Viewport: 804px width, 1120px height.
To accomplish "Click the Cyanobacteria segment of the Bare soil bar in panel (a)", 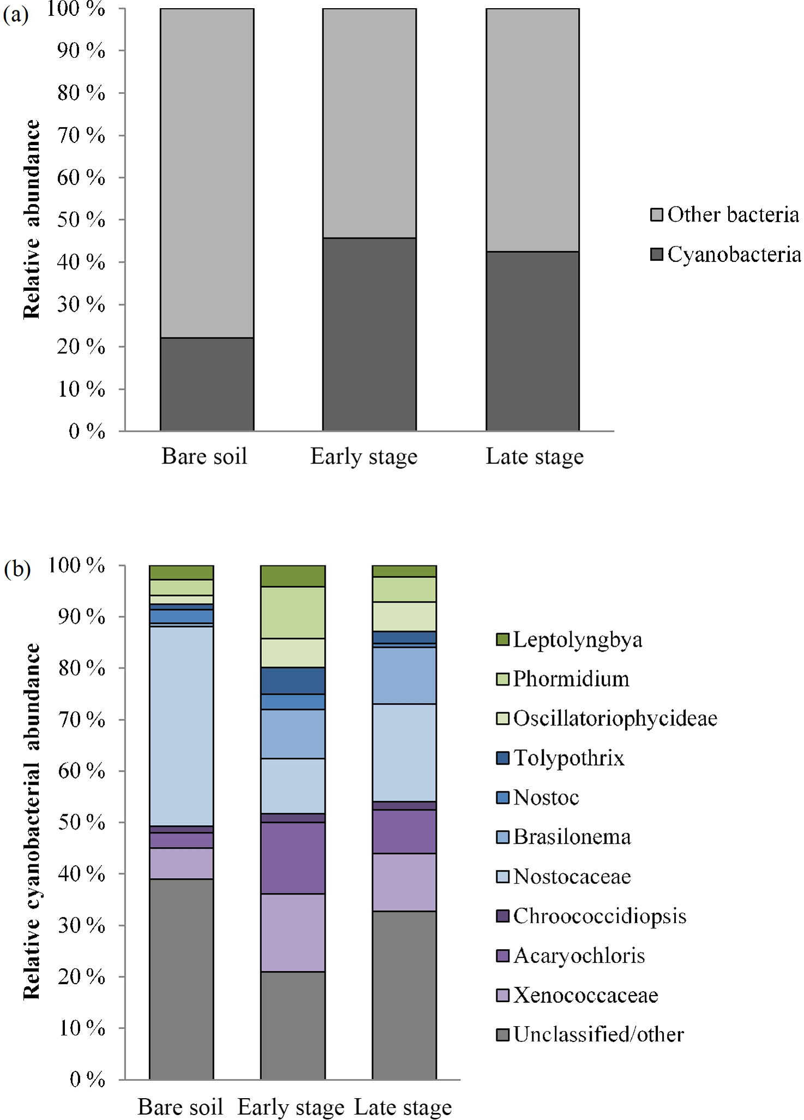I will [x=207, y=384].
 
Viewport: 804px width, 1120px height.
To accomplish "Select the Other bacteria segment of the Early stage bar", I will [x=369, y=123].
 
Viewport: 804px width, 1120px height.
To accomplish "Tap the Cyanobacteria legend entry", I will [x=725, y=254].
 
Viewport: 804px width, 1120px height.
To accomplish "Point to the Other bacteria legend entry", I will [x=725, y=215].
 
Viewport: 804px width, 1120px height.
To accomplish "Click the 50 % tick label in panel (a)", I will [x=81, y=219].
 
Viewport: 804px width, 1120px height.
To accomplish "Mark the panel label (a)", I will [x=15, y=15].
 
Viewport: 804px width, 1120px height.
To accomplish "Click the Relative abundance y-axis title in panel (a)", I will [x=32, y=219].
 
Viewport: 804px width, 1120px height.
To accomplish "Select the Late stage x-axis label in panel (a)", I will [x=534, y=456].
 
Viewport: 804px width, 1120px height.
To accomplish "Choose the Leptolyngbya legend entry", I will [x=569, y=639].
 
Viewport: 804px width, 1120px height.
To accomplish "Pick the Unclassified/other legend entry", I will [x=590, y=1034].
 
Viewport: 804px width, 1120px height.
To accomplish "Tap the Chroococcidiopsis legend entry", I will [x=591, y=916].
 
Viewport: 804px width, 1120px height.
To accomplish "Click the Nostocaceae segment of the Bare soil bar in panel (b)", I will [x=181, y=726].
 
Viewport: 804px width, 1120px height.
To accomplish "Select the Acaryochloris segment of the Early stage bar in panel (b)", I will [x=293, y=857].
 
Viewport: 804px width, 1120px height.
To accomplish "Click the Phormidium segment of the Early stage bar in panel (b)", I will [x=293, y=612].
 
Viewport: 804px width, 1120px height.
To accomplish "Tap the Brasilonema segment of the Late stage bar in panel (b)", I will [x=404, y=675].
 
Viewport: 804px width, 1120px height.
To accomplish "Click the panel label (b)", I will [x=17, y=569].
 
